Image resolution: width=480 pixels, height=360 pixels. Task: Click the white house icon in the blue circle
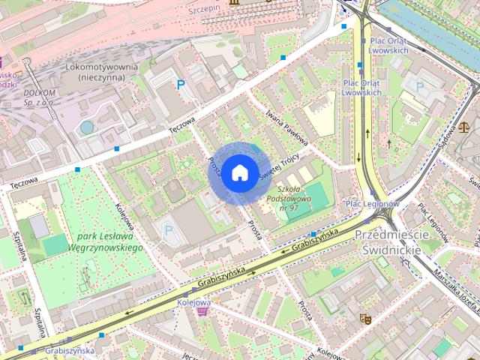(238, 173)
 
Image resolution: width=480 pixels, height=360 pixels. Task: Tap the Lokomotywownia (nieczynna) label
(101, 72)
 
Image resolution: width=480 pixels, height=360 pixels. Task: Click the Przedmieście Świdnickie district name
(392, 242)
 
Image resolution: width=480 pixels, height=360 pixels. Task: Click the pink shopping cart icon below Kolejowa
(202, 311)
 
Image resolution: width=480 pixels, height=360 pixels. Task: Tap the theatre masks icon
(365, 318)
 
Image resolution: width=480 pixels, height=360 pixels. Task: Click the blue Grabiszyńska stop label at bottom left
(69, 350)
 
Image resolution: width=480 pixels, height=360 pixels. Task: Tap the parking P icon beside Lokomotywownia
(180, 85)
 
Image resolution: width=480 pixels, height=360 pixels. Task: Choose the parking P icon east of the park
(168, 229)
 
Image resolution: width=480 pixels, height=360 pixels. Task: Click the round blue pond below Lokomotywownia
(87, 127)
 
